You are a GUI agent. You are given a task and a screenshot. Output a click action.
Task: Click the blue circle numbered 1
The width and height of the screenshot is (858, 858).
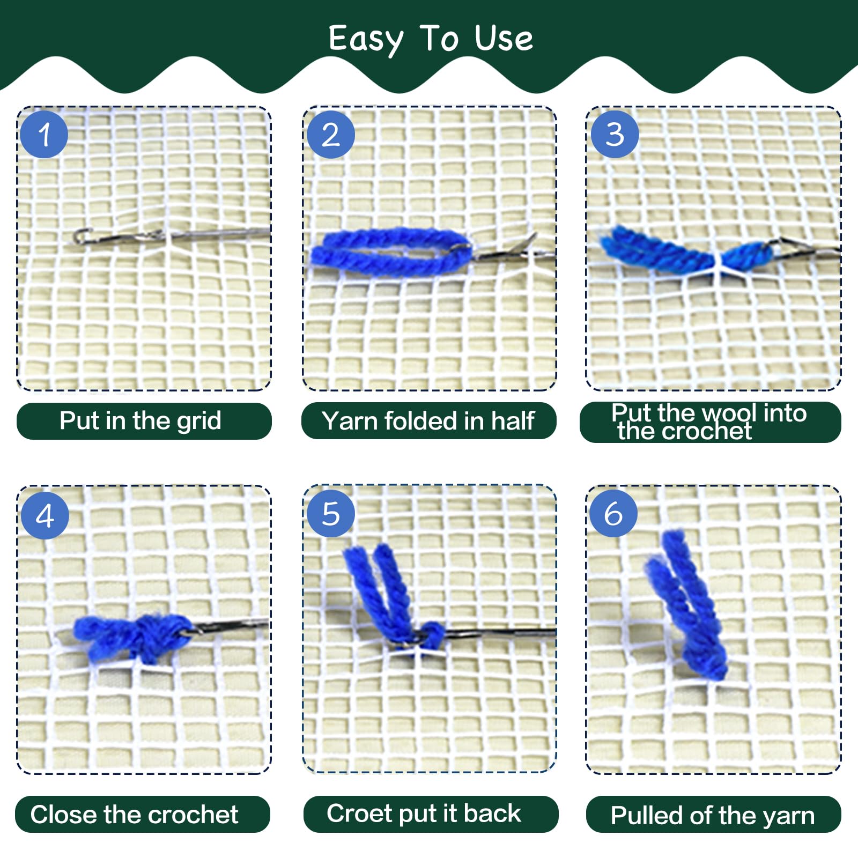(x=44, y=134)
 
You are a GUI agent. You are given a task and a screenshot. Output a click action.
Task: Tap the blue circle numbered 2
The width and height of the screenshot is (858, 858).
(x=331, y=134)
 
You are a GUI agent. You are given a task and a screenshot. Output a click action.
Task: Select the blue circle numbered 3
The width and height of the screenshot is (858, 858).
(x=615, y=134)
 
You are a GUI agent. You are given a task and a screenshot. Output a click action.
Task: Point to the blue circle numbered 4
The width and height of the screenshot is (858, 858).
(x=45, y=515)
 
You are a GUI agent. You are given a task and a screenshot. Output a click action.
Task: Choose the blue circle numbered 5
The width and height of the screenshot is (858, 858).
(x=331, y=513)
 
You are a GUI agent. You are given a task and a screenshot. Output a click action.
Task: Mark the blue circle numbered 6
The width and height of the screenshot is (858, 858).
(x=613, y=513)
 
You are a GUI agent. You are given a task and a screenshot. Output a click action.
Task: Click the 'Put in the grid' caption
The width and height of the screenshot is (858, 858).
(x=140, y=420)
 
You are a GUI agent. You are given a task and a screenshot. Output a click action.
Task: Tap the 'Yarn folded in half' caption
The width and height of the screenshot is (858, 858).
(x=428, y=421)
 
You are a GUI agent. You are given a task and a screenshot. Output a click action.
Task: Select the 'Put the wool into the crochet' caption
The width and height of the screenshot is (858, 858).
(x=709, y=422)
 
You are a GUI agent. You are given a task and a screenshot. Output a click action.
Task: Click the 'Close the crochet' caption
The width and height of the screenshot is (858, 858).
(x=134, y=815)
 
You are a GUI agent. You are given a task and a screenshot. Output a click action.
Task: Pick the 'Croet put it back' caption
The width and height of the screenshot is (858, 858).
(x=424, y=813)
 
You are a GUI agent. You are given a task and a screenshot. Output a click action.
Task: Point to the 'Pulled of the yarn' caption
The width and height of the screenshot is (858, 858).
(x=713, y=816)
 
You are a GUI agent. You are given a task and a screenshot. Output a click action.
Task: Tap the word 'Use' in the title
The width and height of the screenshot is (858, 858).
(x=504, y=38)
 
